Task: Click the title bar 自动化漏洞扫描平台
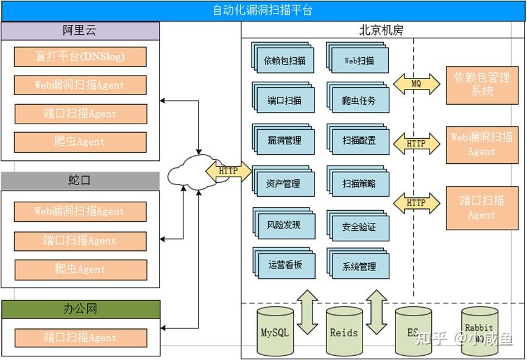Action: click(263, 10)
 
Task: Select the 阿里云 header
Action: click(80, 31)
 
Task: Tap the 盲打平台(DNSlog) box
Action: click(80, 57)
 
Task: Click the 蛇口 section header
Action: click(80, 181)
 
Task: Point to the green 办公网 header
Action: click(80, 309)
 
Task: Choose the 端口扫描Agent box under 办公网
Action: click(80, 337)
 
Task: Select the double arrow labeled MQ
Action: click(416, 83)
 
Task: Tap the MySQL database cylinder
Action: click(275, 332)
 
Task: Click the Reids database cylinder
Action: click(344, 332)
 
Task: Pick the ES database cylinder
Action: click(413, 332)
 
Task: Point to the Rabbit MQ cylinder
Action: click(481, 332)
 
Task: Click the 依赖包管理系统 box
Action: click(482, 85)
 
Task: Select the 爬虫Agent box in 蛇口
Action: click(80, 269)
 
